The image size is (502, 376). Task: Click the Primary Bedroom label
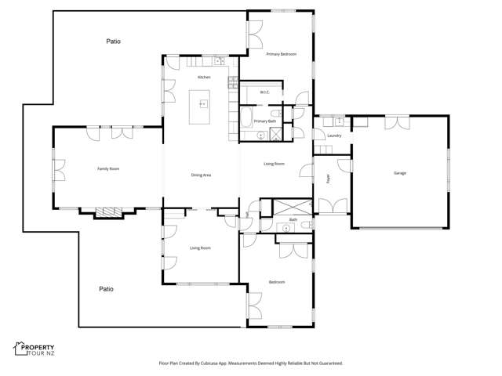tap(281, 54)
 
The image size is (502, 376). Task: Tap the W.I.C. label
tap(265, 92)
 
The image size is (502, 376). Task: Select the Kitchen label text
tap(204, 78)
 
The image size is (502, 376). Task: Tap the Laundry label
tap(334, 136)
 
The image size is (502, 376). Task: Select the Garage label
tap(399, 172)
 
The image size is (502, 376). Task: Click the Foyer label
tap(328, 179)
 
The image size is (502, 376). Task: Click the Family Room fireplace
tap(105, 211)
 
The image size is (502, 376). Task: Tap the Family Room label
tap(108, 168)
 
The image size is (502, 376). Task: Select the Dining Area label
tap(202, 175)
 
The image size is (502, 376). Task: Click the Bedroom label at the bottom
tap(276, 282)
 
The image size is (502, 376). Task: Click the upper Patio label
tap(114, 40)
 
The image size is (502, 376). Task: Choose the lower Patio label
tap(106, 289)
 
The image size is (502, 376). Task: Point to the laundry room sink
tap(339, 122)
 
